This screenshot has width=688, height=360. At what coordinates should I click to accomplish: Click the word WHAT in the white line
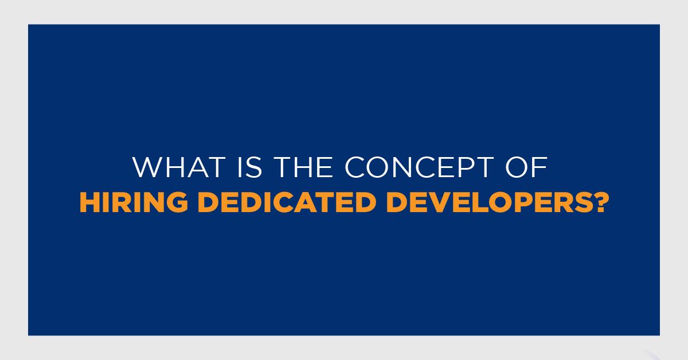click(x=179, y=167)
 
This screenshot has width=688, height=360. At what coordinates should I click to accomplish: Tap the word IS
click(x=250, y=167)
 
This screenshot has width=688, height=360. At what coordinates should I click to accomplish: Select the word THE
click(x=303, y=167)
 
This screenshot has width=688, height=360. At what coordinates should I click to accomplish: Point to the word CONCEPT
click(x=419, y=167)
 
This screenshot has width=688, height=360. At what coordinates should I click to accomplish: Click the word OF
click(x=526, y=167)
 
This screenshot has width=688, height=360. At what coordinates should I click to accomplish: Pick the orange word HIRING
click(x=134, y=202)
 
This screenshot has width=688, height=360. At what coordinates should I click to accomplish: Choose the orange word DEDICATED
click(x=287, y=202)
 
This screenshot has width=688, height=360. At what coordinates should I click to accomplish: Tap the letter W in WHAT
click(x=148, y=167)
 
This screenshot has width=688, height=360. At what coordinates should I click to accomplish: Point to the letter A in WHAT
click(x=197, y=167)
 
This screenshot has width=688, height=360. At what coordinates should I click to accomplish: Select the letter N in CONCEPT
click(x=401, y=167)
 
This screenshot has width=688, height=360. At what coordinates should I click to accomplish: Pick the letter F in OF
click(x=540, y=167)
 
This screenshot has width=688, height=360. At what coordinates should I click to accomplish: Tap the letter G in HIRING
click(x=177, y=202)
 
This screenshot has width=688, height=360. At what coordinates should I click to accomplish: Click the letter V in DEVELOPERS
click(x=436, y=202)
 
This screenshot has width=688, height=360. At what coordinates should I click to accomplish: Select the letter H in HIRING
click(x=89, y=202)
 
